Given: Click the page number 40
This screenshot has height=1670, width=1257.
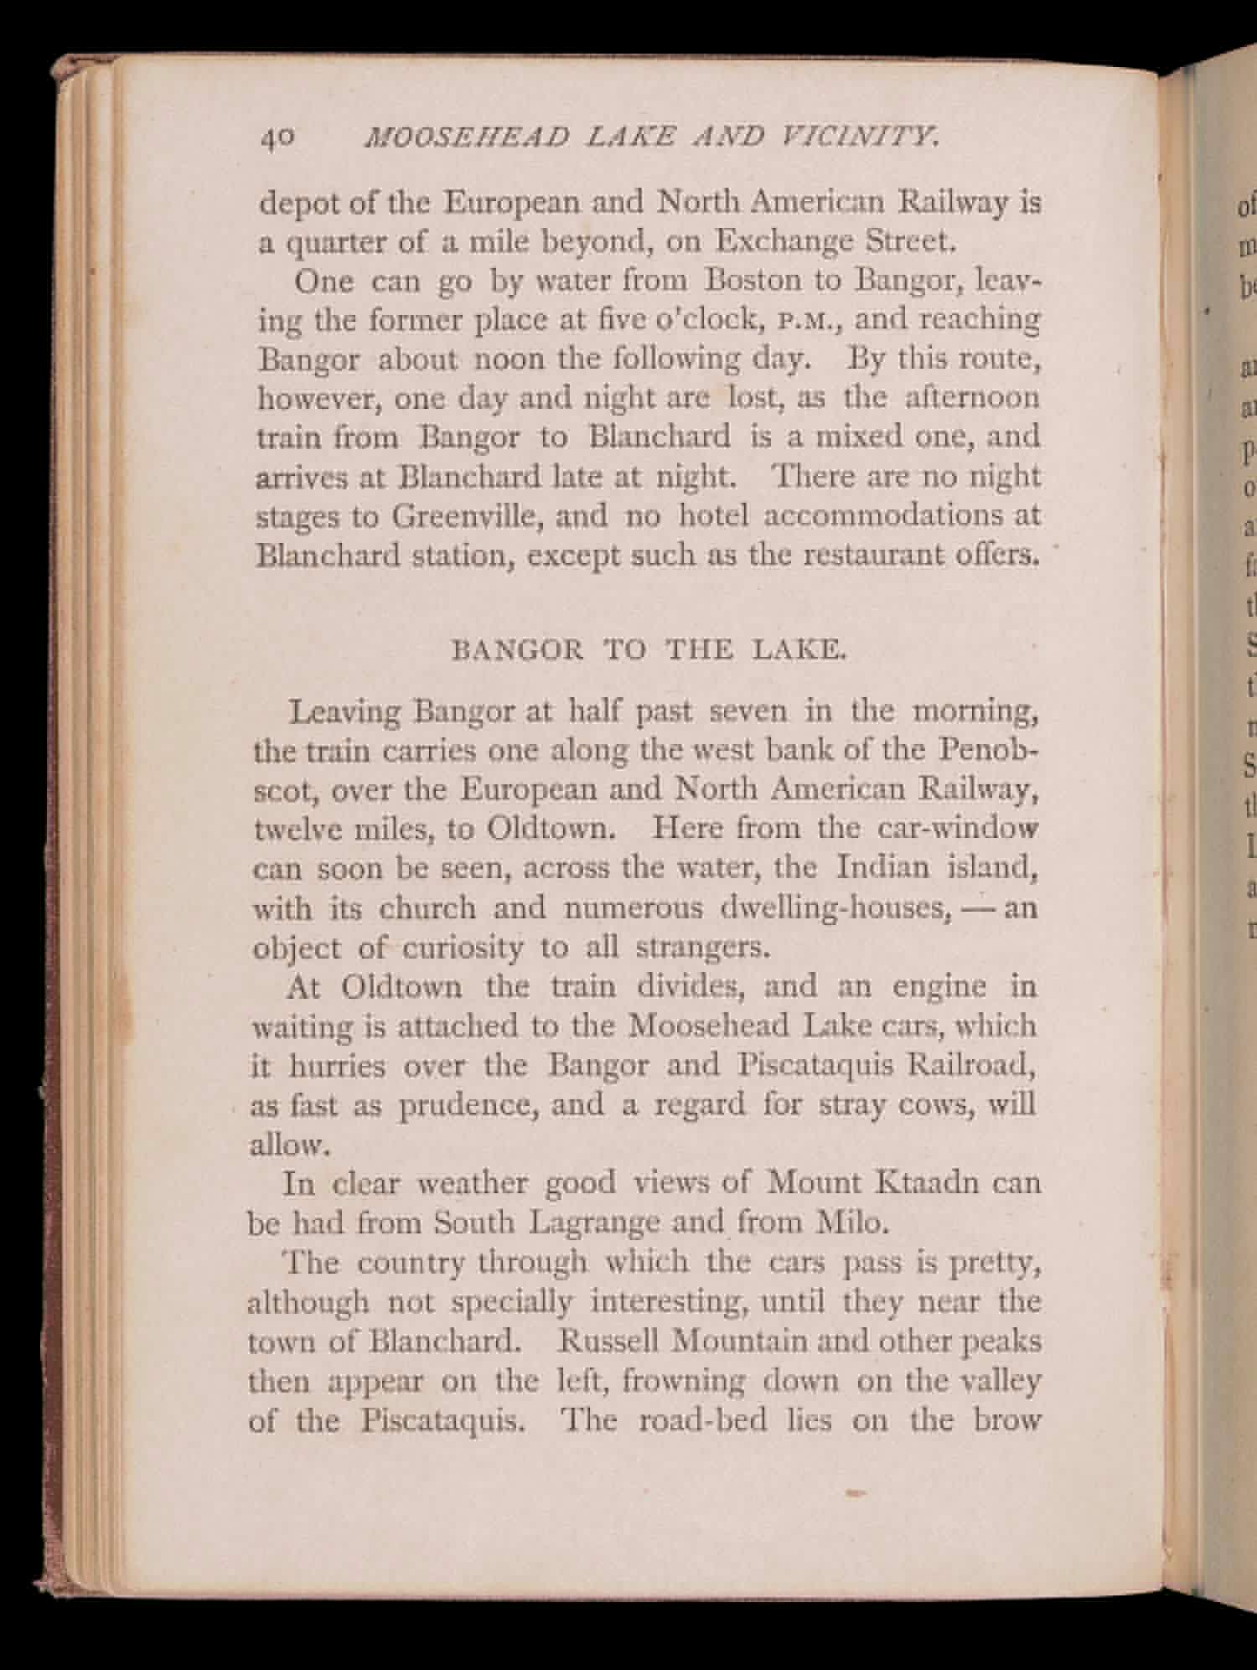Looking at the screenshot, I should [276, 137].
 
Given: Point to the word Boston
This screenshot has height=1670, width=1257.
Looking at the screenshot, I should [754, 281].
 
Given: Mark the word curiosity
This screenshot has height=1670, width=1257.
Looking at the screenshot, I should [462, 948].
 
